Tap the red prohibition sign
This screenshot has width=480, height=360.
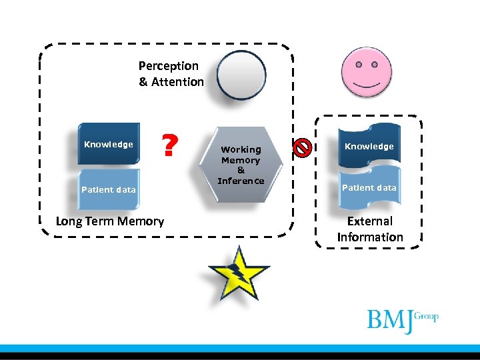302,147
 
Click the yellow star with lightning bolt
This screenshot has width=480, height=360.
237,273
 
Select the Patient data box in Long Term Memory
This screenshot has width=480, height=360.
109,189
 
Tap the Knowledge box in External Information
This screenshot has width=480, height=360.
369,146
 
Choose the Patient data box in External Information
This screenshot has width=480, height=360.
369,188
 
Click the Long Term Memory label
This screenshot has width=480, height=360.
110,221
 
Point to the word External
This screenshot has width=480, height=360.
370,221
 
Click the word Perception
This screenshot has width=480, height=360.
169,66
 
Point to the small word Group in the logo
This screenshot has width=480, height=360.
426,316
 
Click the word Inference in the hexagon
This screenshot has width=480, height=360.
241,181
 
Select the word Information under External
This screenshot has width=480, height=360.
370,237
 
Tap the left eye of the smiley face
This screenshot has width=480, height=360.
358,65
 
